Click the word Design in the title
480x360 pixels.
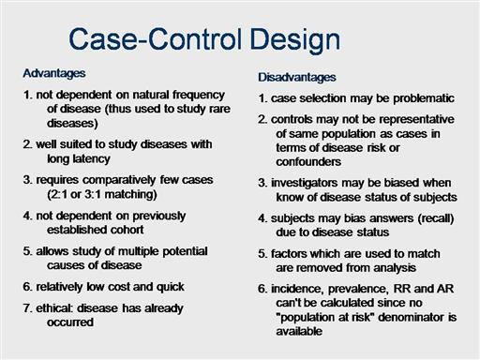[295, 40]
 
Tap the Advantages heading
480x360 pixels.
[54, 74]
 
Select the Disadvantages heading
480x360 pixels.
[297, 77]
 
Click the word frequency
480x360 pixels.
[199, 96]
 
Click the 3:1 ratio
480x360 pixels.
[93, 194]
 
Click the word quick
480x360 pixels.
[171, 287]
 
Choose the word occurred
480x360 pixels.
[70, 322]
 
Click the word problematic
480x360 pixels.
[424, 98]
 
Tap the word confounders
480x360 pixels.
[308, 162]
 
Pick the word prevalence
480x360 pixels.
[358, 290]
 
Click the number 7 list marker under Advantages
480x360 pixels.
[26, 308]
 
